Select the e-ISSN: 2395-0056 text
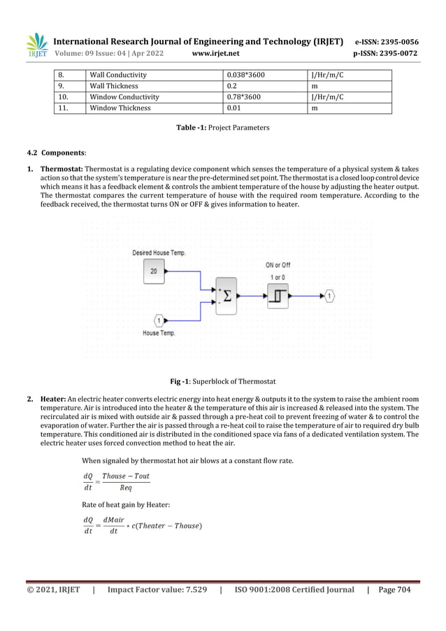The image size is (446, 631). [387, 41]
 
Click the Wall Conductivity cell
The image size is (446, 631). [117, 74]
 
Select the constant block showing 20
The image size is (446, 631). [154, 270]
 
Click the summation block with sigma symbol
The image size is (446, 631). [226, 297]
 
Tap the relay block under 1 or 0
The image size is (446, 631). [278, 297]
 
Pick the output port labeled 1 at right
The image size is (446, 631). [330, 297]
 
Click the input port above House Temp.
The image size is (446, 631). [159, 321]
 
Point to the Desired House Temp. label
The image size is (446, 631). [159, 253]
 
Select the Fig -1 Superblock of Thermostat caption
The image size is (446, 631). [222, 381]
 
